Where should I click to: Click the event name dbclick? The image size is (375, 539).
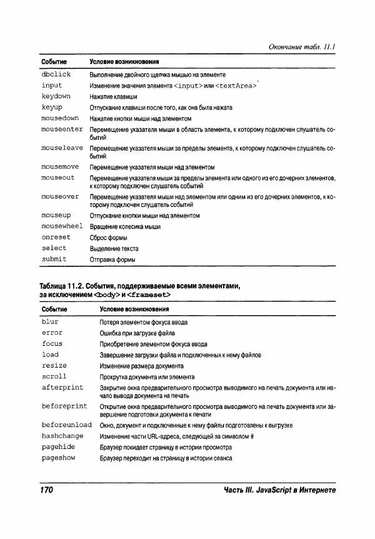[56, 74]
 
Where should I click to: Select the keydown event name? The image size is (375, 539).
[56, 96]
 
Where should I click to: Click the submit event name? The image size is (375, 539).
[54, 259]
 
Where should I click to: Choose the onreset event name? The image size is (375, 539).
[56, 238]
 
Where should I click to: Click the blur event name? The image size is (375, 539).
[50, 322]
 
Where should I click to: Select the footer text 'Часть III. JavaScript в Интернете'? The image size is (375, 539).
[279, 490]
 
